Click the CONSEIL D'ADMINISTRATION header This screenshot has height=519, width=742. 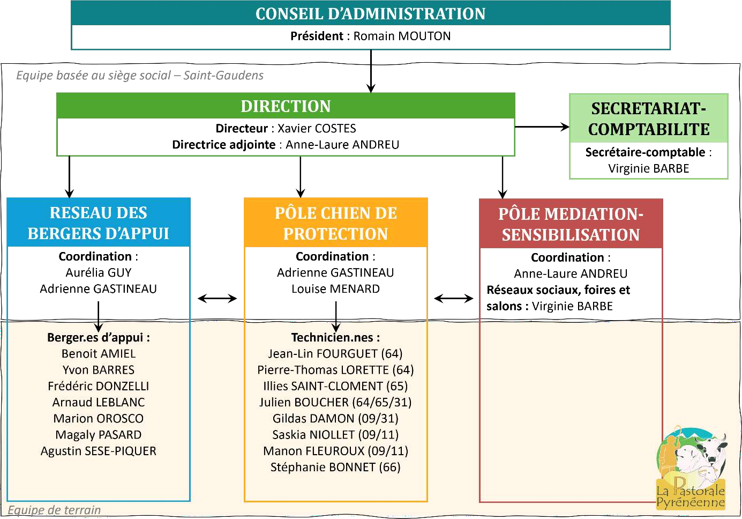pos(370,14)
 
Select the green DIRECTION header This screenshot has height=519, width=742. pos(286,106)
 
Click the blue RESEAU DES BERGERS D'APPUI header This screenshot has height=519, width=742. pos(99,223)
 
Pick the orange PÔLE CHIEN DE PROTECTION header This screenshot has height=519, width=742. pos(336,224)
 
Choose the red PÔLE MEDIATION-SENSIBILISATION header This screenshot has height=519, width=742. pos(571,224)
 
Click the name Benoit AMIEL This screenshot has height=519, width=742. pos(99,354)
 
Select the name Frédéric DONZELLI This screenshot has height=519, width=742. pos(99,386)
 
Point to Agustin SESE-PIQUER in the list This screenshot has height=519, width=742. pos(99,451)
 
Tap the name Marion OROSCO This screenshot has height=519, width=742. pos(99,419)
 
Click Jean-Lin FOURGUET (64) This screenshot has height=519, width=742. pos(335,354)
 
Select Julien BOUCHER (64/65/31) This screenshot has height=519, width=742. pos(335,403)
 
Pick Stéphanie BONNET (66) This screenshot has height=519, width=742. pos(335,468)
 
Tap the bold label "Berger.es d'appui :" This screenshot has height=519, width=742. pos(99,338)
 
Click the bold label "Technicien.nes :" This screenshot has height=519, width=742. pos(335,338)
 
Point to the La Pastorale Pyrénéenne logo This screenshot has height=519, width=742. pos(691,469)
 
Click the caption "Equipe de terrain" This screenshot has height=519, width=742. pos(54,510)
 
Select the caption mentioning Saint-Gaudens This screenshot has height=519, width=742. pos(140,76)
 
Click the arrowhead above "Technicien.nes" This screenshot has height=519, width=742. pos(336,328)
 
